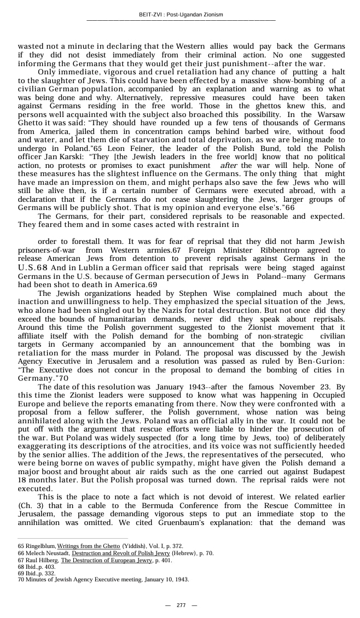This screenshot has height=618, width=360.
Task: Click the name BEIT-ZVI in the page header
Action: click(150, 14)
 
